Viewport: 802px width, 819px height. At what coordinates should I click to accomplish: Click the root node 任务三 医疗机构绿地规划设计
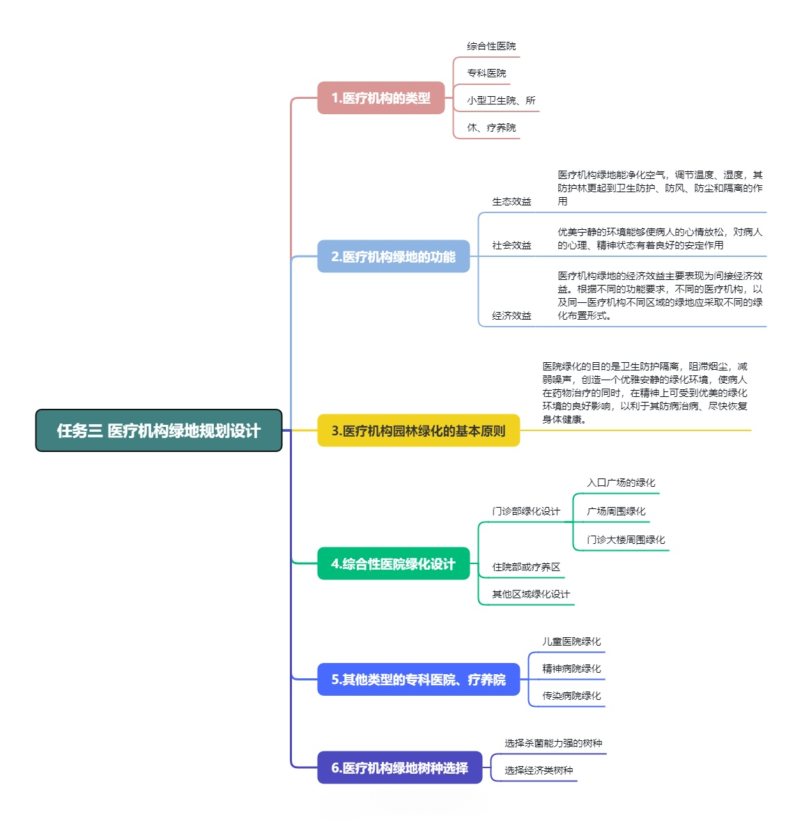[x=159, y=430]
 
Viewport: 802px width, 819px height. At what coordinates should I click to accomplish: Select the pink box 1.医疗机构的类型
[x=380, y=98]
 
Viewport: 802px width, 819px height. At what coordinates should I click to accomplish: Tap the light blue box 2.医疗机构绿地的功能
[x=393, y=257]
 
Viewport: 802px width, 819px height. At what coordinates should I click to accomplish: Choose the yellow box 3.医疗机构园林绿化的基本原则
[x=418, y=430]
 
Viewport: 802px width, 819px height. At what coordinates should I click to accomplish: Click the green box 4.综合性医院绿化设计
[x=393, y=564]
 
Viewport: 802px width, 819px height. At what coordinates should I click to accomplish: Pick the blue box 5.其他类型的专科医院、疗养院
[x=418, y=679]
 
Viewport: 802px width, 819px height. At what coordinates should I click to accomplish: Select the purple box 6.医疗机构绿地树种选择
[x=399, y=767]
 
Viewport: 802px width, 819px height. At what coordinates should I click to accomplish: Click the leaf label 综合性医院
[x=491, y=46]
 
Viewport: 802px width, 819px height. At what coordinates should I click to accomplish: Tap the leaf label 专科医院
[x=486, y=73]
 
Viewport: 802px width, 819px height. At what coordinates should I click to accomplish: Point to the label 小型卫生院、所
[x=501, y=100]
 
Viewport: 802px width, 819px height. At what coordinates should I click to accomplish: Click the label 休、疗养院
[x=491, y=127]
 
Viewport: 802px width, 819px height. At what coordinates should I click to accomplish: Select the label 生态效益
[x=511, y=201]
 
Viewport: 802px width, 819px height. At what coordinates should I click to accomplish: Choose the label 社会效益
[x=511, y=245]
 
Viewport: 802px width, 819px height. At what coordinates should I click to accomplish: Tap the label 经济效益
[x=511, y=315]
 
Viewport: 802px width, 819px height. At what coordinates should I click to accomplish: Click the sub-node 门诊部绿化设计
[x=526, y=511]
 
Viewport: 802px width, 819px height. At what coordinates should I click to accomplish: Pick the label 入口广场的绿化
[x=621, y=483]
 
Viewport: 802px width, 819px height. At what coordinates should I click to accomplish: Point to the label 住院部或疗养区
[x=526, y=567]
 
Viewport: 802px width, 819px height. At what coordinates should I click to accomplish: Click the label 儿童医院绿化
[x=571, y=641]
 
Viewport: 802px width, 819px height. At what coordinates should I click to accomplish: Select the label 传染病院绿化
[x=571, y=696]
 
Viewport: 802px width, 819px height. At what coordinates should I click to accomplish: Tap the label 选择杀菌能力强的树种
[x=553, y=743]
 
